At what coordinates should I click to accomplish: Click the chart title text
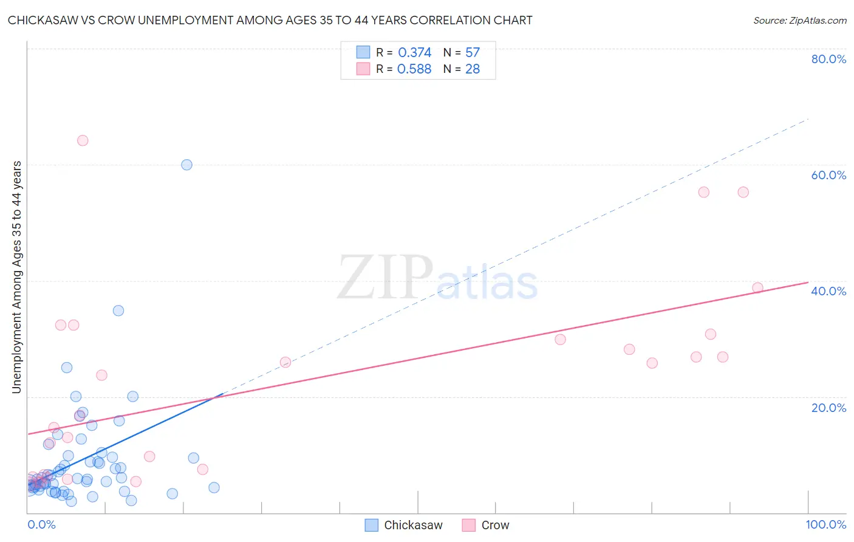pos(270,20)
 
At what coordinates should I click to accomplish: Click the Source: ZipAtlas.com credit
pos(799,20)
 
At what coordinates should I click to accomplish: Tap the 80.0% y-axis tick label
pos(828,59)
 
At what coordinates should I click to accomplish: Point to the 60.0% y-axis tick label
pos(828,175)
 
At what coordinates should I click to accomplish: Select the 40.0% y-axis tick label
pos(828,291)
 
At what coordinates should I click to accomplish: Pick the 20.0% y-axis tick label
pos(828,408)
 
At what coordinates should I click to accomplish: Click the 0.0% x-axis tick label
pos(41,524)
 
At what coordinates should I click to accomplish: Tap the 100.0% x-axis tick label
pos(825,524)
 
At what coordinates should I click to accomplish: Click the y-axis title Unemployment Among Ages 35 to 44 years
pos(17,277)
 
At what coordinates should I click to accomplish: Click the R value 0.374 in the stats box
pos(414,53)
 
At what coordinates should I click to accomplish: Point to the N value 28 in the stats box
pos(473,69)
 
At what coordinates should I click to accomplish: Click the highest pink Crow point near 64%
pos(83,140)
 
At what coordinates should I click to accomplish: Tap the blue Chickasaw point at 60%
pos(186,165)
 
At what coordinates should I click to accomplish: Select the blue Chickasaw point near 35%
pos(118,310)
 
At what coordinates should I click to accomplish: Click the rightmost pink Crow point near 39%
pos(757,288)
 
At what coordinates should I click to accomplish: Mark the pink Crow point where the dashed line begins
pos(285,362)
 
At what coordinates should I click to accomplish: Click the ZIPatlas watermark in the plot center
pos(437,278)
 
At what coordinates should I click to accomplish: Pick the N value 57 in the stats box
pos(473,53)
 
